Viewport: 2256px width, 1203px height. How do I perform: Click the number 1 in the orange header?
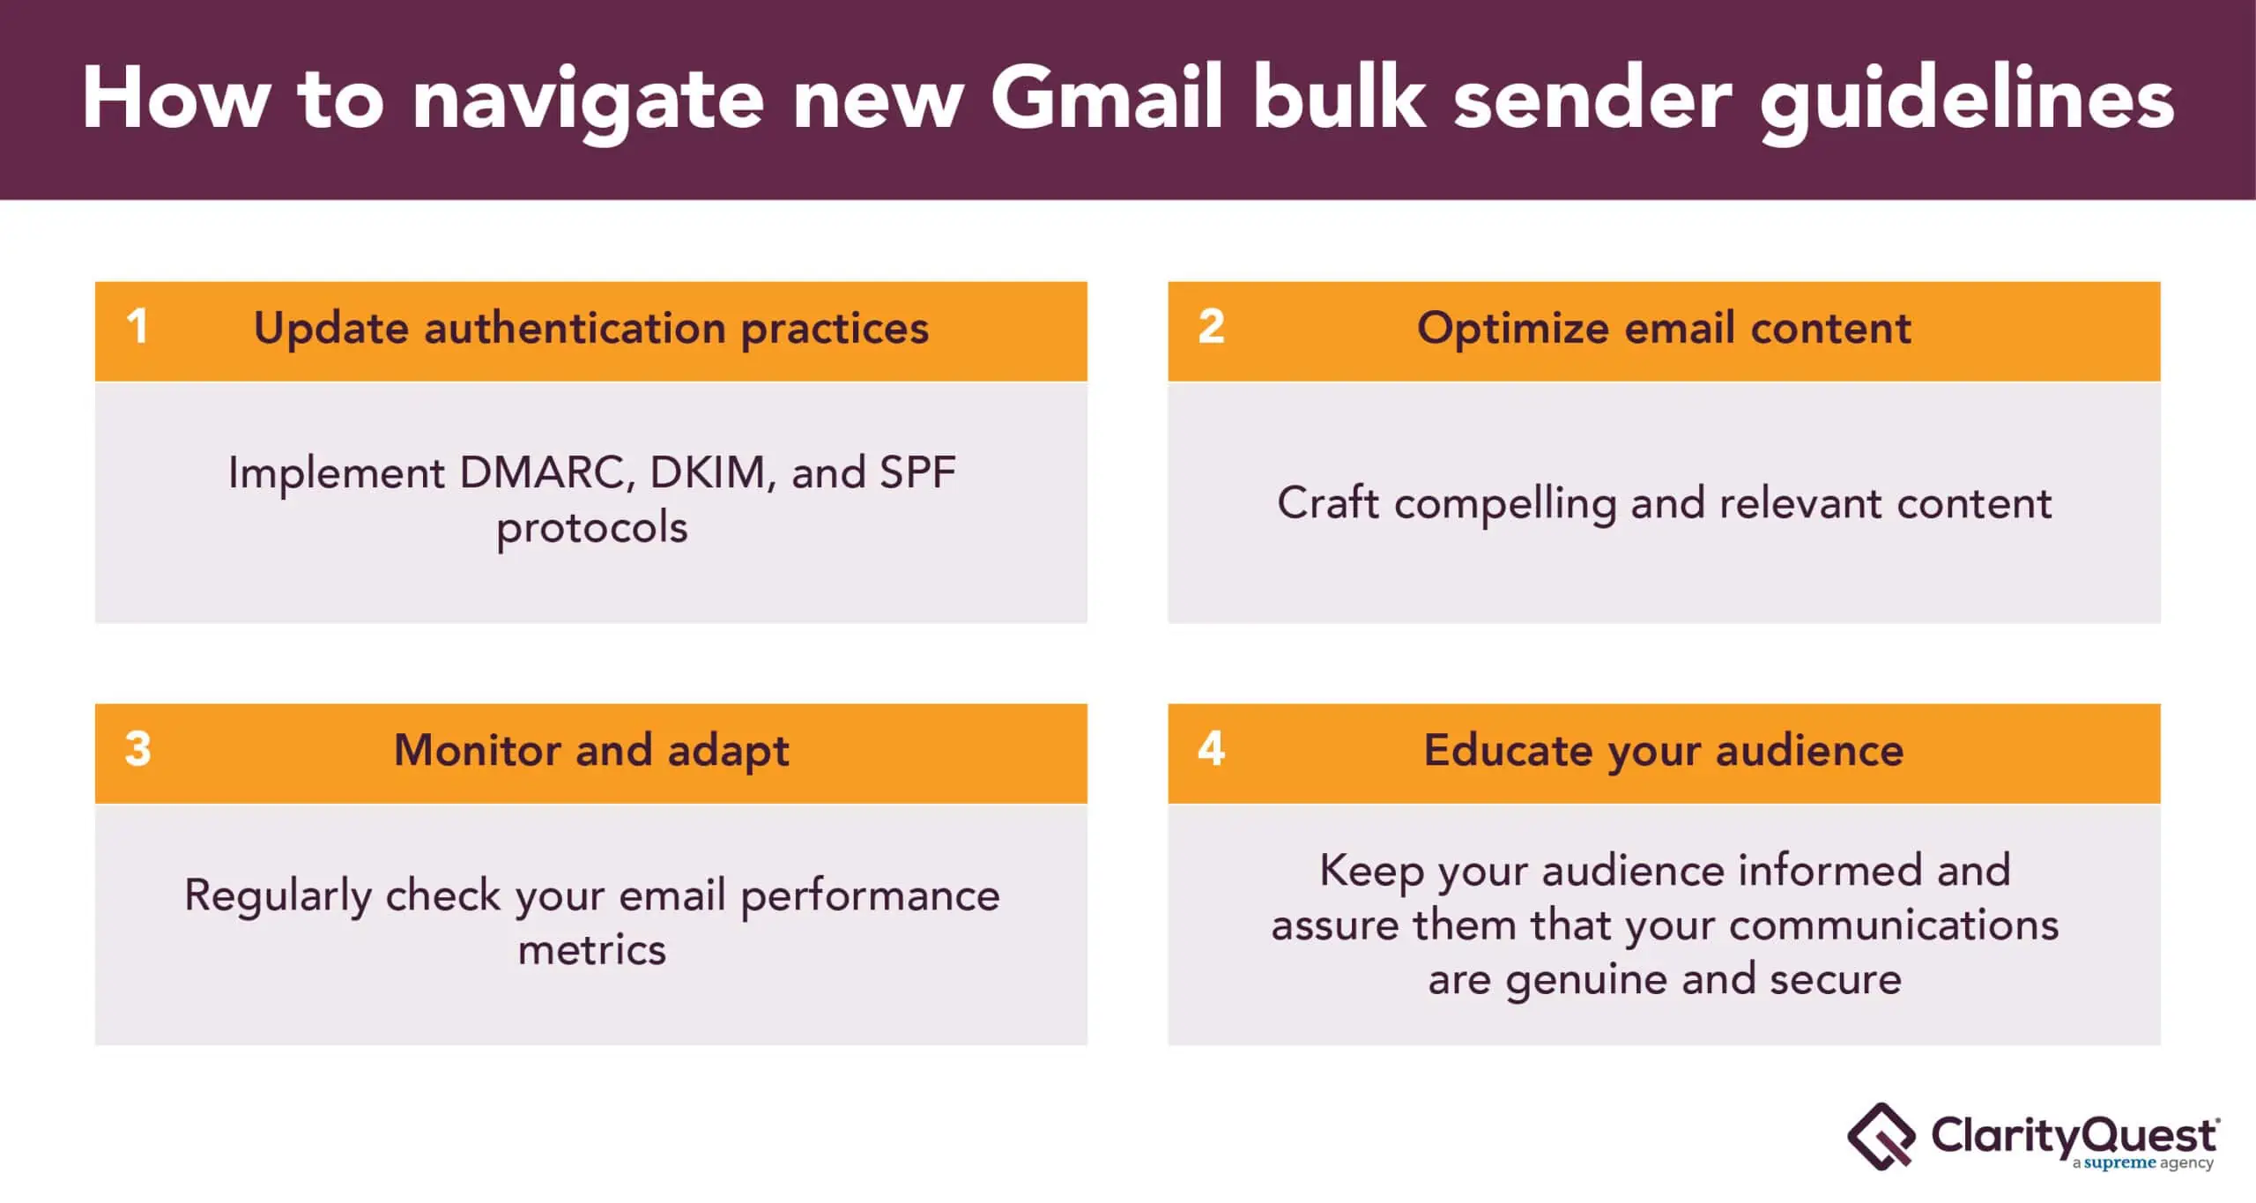(137, 326)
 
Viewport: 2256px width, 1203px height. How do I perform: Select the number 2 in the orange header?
(1211, 326)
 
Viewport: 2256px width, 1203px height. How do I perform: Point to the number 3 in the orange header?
(137, 748)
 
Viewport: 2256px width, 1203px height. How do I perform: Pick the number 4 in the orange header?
(1211, 748)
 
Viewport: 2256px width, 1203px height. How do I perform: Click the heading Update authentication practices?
(591, 330)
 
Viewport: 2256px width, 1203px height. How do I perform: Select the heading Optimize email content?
(1664, 328)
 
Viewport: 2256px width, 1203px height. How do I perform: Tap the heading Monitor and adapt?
(591, 751)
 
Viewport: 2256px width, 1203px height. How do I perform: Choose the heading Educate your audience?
(1664, 752)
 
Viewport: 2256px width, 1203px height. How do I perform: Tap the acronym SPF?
(917, 472)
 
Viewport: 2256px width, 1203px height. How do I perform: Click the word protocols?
(592, 529)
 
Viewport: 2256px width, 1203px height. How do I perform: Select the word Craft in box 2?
(1328, 502)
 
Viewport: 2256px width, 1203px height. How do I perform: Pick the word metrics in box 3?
(592, 950)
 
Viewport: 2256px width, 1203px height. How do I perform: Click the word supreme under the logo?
(2119, 1164)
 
